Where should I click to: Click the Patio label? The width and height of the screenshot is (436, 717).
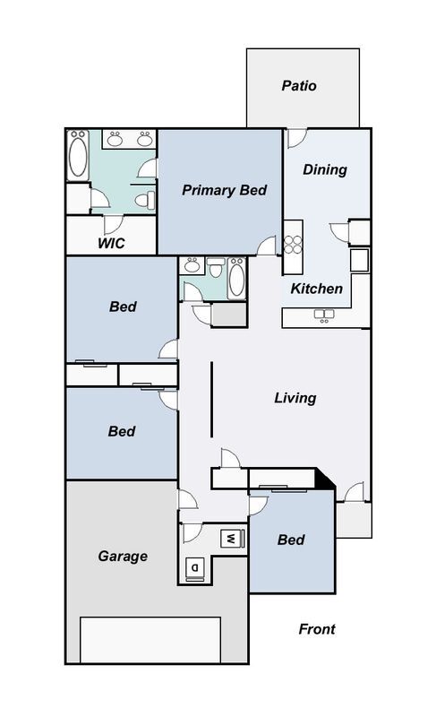click(299, 86)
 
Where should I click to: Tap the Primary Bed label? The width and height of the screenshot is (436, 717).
click(224, 190)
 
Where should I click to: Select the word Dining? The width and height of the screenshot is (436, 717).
click(325, 169)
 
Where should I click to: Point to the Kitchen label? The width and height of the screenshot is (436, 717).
click(316, 289)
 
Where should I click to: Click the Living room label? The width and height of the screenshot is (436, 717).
click(295, 398)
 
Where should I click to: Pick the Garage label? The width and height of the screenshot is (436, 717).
click(123, 556)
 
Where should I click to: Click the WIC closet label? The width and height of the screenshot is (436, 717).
click(111, 243)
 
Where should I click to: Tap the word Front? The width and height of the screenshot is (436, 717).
click(317, 629)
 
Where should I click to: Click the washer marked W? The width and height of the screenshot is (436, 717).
click(233, 539)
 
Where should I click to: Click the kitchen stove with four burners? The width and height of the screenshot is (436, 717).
click(293, 244)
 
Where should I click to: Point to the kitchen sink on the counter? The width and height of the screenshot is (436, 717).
click(324, 315)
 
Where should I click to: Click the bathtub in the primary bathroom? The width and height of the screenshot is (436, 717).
click(78, 155)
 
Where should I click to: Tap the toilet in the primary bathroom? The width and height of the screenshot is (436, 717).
click(145, 200)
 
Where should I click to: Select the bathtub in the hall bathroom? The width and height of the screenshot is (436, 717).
click(236, 279)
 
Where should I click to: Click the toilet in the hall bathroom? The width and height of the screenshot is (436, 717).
click(216, 267)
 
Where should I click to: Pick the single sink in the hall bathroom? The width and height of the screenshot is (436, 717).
click(192, 265)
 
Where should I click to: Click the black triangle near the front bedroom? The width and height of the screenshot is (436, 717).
click(326, 479)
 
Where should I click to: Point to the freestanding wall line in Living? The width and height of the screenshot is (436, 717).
click(211, 400)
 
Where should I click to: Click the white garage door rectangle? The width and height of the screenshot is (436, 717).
click(150, 640)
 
